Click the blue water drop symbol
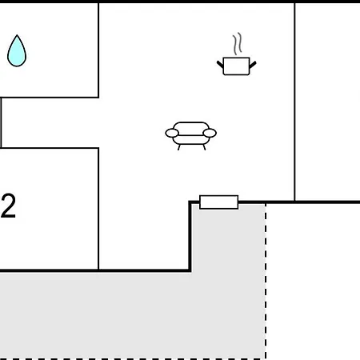tap(17, 51)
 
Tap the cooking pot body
tap(236, 66)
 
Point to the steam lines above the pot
tap(238, 44)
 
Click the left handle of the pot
tap(220, 65)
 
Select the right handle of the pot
tap(253, 65)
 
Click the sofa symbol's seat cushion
tap(191, 140)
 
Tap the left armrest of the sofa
tap(172, 133)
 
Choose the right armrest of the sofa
tap(210, 133)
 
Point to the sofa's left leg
tap(179, 147)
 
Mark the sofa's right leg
tap(204, 147)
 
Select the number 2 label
tap(8, 206)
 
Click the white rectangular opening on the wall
tap(218, 202)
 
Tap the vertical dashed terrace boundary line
tap(266, 282)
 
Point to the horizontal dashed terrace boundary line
tap(133, 359)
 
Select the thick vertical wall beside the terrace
tap(190, 237)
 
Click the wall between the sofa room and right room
tap(294, 102)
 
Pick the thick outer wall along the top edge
tap(180, 2)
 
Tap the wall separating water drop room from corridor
tap(50, 98)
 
